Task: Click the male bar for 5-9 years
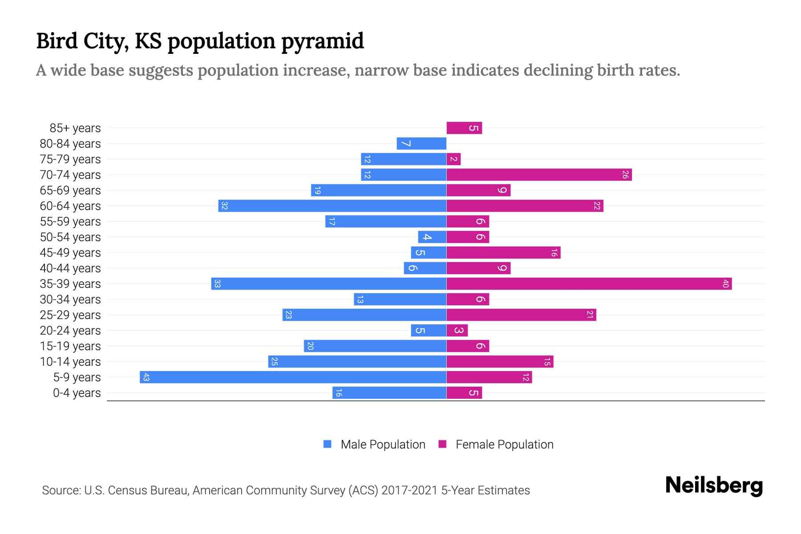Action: coord(293,377)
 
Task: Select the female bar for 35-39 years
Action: coord(589,284)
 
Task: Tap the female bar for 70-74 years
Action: coord(539,175)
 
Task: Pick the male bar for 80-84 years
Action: coord(421,144)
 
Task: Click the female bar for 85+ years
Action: coord(464,128)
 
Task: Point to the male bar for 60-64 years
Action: coord(332,206)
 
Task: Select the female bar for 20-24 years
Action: coord(457,331)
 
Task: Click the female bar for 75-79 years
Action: coord(453,159)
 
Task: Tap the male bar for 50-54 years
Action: coord(432,237)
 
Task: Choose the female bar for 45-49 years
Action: coord(503,253)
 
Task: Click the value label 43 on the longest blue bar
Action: coord(146,377)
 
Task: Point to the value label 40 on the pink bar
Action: coord(725,284)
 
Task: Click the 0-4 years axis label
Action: coord(77,393)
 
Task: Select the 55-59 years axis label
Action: coord(70,222)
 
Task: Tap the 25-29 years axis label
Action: coord(70,315)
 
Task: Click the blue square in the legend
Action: coord(328,444)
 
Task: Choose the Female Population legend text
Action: coord(504,444)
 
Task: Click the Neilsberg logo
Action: coord(714,485)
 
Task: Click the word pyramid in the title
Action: coord(323,41)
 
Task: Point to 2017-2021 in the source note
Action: coord(409,490)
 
